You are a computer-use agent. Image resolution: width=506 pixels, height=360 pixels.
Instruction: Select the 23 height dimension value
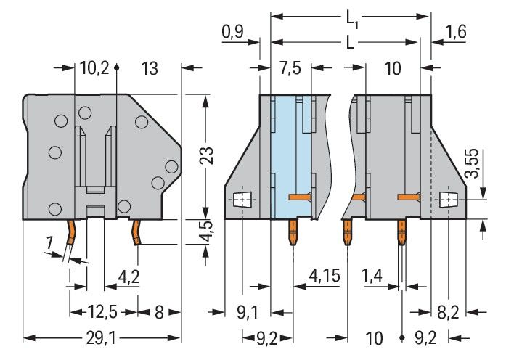point(208,155)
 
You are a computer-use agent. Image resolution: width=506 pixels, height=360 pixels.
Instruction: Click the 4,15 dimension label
point(324,276)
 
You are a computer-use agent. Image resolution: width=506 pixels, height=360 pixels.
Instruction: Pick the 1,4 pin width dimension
point(375,276)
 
